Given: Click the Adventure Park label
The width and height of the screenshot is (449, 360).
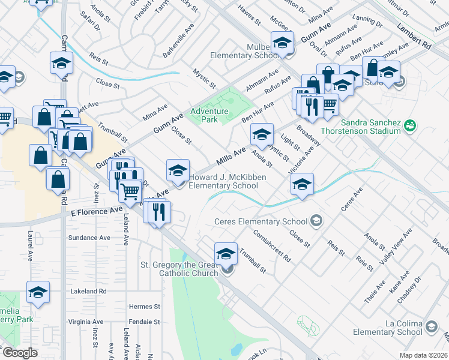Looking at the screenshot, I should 209,115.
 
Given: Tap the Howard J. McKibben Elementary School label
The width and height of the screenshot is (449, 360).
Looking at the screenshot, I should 228,181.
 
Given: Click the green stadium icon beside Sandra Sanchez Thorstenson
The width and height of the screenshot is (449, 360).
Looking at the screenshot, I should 410,125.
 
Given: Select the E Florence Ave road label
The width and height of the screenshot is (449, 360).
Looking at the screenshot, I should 96,212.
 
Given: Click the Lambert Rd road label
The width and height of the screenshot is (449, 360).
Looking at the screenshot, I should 414,35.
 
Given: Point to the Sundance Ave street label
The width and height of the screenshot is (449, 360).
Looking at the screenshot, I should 89,238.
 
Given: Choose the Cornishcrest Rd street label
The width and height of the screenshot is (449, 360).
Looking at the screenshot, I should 271,246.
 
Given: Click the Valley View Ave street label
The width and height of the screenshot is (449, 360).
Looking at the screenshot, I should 396,247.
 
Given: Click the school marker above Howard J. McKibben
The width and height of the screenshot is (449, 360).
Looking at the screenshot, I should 178,170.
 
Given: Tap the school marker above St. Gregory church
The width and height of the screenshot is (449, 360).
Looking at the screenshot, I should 226,253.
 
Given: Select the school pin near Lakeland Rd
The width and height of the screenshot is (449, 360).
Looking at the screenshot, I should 38,292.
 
